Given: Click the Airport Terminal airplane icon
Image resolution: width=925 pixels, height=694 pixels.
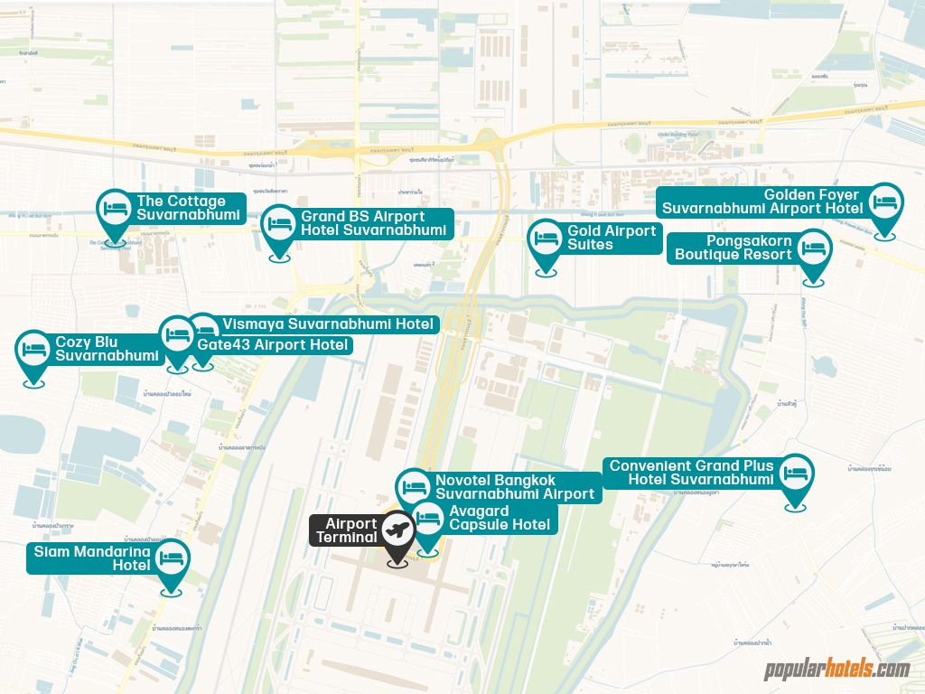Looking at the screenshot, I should [397, 530].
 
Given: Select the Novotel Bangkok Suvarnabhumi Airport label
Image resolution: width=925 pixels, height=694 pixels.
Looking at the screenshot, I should [514, 487].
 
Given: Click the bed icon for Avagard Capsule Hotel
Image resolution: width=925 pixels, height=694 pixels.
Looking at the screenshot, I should [428, 520].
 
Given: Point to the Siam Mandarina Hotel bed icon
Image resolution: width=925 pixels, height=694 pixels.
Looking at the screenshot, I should [171, 558].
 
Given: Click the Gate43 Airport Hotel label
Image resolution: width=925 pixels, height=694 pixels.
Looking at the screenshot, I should [272, 345].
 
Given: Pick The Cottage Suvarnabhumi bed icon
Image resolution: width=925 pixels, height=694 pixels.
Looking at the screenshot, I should [115, 208].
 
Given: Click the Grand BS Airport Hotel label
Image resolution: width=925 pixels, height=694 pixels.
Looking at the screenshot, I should [373, 223].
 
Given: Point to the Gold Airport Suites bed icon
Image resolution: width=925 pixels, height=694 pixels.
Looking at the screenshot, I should [546, 238].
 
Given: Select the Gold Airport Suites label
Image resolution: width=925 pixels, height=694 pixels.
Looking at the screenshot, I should [611, 238].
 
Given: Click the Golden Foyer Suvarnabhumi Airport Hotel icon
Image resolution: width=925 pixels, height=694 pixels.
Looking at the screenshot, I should [886, 202].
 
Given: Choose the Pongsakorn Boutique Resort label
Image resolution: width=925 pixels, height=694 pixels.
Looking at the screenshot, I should [733, 248].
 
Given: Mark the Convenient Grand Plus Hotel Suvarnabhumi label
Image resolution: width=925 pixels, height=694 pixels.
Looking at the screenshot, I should [691, 473].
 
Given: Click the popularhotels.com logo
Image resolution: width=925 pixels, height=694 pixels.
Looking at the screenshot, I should [836, 670].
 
